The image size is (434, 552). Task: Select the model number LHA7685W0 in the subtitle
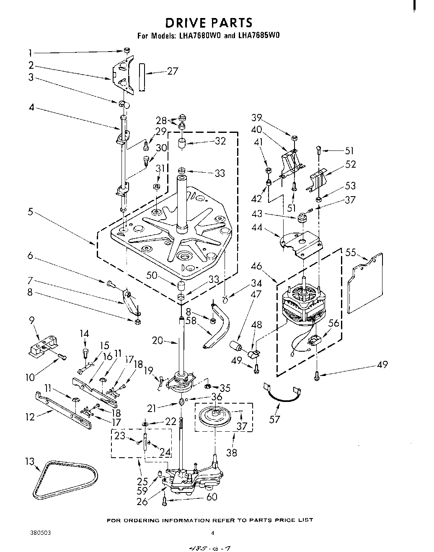point(258,36)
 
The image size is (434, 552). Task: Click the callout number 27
point(173,71)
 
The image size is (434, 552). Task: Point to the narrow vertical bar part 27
point(142,78)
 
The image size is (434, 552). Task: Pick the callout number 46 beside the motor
point(256,266)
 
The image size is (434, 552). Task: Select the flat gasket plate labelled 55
point(366,283)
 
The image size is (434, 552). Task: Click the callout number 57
point(274,419)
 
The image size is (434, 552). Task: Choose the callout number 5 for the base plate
point(31,212)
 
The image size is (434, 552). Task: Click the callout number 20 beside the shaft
point(158,340)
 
